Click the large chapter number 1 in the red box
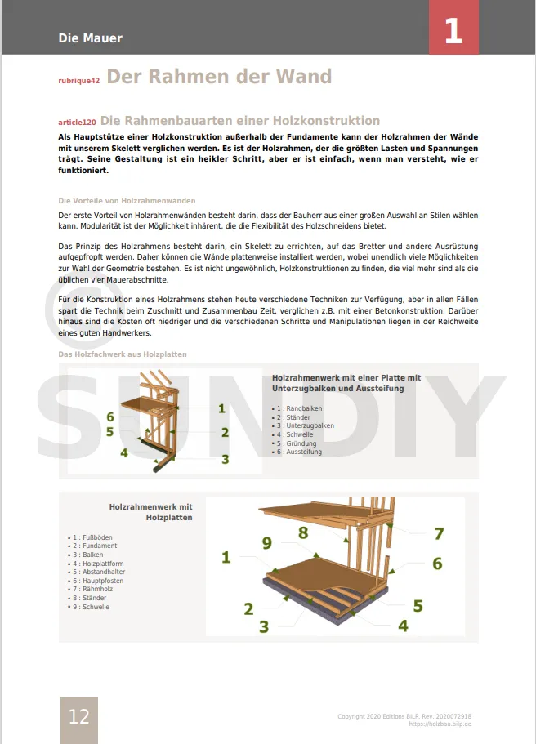453,31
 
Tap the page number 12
78,717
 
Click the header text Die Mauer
90,38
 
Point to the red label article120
77,123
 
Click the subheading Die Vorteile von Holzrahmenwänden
127,201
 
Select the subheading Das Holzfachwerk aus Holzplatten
123,354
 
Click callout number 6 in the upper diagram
110,417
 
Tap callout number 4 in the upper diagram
124,452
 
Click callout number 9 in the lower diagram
267,542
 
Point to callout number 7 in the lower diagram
439,534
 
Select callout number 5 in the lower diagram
418,606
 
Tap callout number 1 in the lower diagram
226,559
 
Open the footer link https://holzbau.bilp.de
440,724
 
